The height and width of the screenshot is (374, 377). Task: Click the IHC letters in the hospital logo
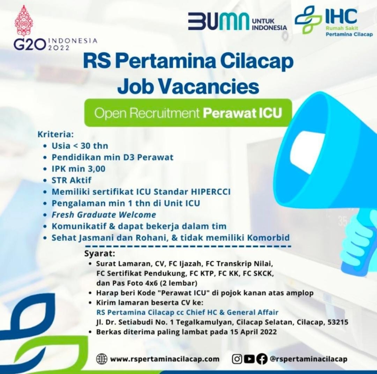pos(341,16)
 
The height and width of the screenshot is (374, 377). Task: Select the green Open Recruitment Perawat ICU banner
pos(188,113)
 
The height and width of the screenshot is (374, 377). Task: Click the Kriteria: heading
pos(55,134)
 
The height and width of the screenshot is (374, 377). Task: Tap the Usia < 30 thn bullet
pos(80,146)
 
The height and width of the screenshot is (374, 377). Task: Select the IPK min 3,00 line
pos(78,169)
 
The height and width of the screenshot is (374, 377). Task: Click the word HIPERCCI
pos(210,192)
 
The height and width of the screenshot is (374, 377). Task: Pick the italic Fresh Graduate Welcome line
pos(104,215)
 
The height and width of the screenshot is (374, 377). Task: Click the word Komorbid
pos(269,238)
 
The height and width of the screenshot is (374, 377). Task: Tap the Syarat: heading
pos(100,253)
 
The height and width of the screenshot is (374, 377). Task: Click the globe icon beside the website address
pos(102,359)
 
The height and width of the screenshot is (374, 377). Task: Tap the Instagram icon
pos(237,359)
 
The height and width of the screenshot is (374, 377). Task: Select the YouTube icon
pos(250,359)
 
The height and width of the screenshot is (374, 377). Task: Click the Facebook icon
pos(262,359)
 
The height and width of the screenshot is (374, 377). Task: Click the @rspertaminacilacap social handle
pos(309,359)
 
